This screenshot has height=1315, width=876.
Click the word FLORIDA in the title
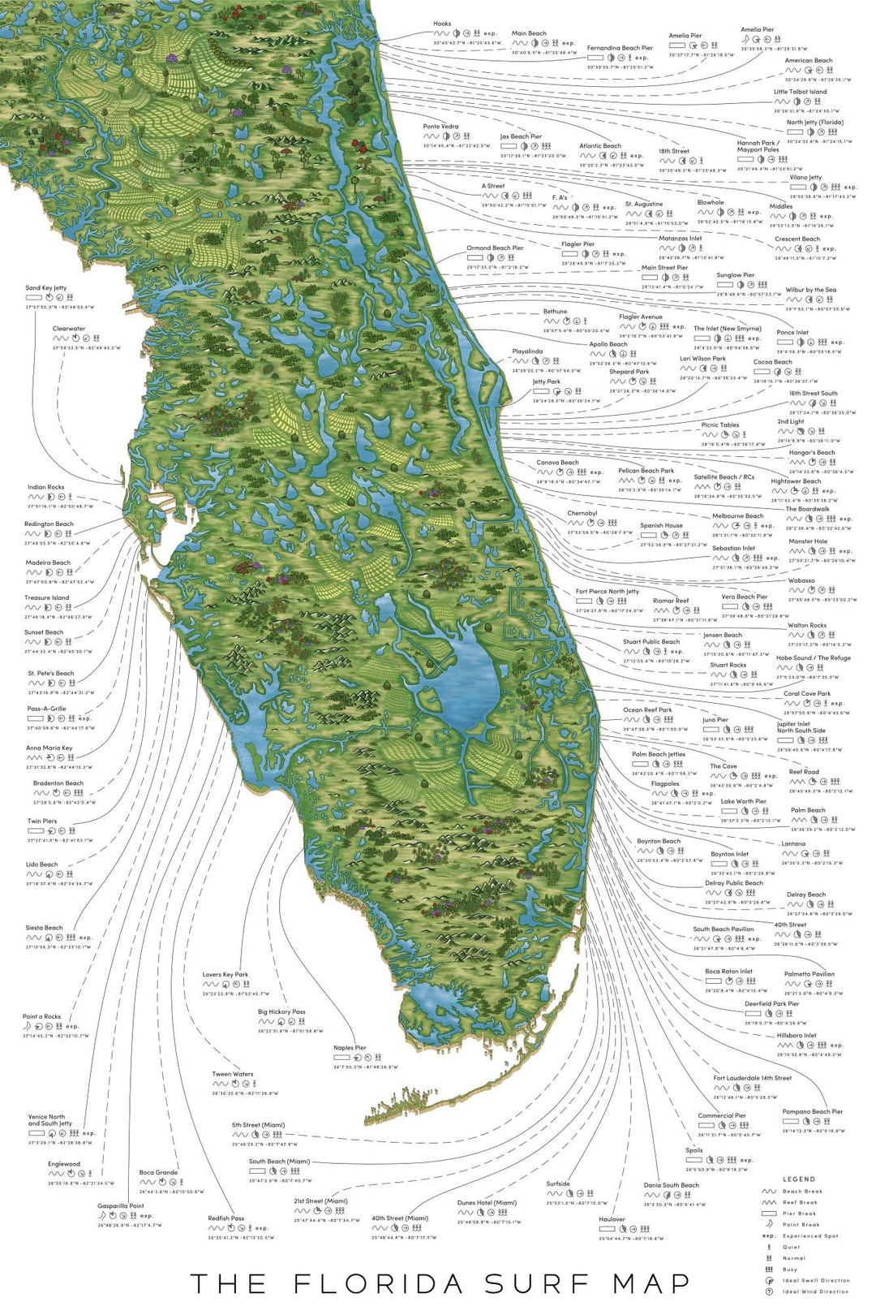(x=379, y=1283)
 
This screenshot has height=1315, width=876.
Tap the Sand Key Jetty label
(x=46, y=288)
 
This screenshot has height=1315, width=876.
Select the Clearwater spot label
(x=69, y=330)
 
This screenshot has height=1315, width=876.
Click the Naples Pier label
(x=350, y=1048)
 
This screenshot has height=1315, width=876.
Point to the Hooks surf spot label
(x=441, y=24)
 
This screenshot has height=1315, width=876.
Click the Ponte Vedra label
(x=440, y=127)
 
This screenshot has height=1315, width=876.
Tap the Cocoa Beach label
(x=772, y=362)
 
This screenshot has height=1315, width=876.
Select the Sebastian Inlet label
(x=733, y=548)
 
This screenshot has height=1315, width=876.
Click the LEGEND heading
(x=798, y=1179)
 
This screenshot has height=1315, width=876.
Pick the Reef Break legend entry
(x=800, y=1202)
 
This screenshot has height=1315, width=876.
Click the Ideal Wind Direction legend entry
(x=815, y=1291)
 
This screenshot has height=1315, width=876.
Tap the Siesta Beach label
(x=44, y=928)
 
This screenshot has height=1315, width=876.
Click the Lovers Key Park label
(x=225, y=975)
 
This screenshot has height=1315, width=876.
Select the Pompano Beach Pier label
(x=813, y=1112)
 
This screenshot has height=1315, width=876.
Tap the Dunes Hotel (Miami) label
(x=487, y=1203)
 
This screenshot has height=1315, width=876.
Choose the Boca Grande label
(x=158, y=1172)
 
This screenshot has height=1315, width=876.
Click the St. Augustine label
(x=644, y=205)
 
